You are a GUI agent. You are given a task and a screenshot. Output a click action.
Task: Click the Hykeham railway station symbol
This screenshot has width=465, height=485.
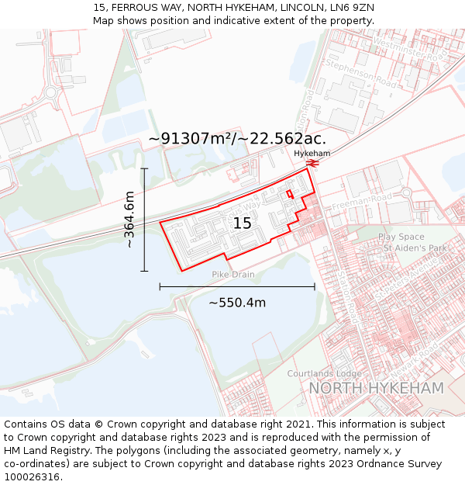[x=312, y=164]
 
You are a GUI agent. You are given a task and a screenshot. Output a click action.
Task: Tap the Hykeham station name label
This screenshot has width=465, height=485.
[x=312, y=154]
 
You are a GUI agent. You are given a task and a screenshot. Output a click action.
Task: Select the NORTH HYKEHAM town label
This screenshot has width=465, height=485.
[x=376, y=388]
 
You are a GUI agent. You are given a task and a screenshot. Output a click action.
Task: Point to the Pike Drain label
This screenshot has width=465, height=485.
[x=233, y=275]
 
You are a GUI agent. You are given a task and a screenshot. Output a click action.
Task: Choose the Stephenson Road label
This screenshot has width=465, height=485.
[x=362, y=74]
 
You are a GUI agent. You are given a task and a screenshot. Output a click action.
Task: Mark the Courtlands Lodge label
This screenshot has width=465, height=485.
[x=319, y=373]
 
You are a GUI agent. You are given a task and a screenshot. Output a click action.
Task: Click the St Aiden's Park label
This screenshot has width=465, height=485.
[x=416, y=248]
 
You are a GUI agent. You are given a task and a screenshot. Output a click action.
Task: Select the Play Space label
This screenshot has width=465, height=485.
[x=401, y=237]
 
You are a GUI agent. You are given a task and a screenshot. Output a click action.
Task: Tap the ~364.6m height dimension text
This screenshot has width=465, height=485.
[x=129, y=220]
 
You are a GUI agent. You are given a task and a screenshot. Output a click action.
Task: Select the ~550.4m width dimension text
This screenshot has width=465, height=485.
[x=237, y=302]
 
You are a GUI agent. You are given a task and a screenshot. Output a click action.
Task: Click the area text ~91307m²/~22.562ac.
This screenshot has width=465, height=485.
[x=237, y=139]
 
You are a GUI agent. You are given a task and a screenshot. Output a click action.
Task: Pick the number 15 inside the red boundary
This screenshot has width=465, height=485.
[x=242, y=223]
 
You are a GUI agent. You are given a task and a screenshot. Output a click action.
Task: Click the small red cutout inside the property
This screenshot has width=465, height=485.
[x=290, y=194]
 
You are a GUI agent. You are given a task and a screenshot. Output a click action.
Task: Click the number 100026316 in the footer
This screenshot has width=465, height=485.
[x=33, y=476]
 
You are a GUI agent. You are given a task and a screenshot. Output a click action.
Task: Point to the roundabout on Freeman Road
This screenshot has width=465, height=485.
[x=405, y=192]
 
